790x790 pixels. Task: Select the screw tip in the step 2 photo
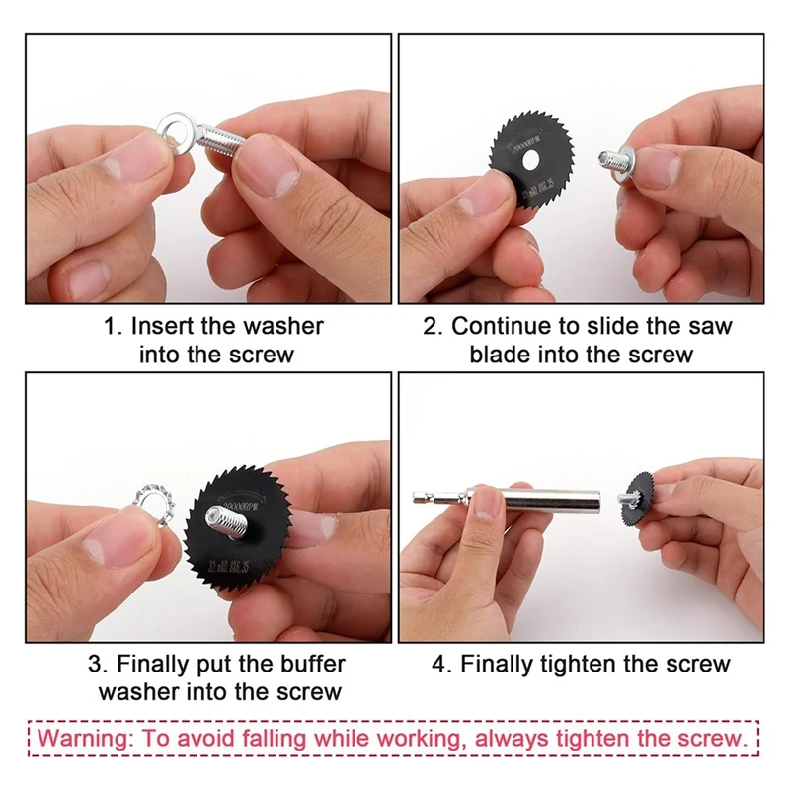point(604,159)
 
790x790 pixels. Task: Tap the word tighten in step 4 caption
point(587,664)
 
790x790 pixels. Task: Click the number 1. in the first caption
point(114,326)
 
